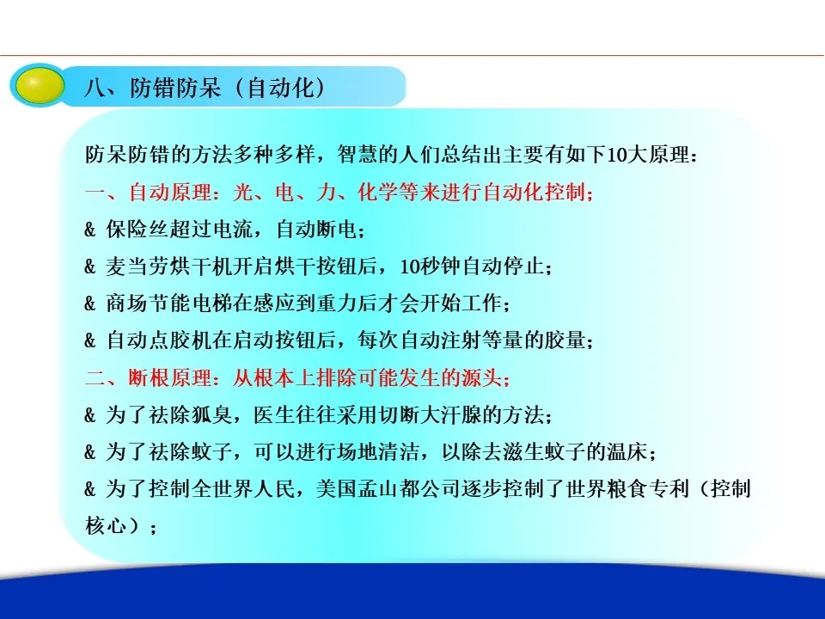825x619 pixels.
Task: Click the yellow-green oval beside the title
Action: click(37, 85)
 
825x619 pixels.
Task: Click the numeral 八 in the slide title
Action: click(95, 88)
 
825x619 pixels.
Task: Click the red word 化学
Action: click(377, 192)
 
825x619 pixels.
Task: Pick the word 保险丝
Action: click(137, 230)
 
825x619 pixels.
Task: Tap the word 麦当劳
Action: click(137, 267)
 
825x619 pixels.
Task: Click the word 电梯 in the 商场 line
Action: click(211, 303)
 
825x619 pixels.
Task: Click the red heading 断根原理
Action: click(169, 378)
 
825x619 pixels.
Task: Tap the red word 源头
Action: click(482, 378)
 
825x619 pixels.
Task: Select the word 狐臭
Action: click(211, 415)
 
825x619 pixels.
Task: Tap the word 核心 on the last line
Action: click(106, 526)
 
